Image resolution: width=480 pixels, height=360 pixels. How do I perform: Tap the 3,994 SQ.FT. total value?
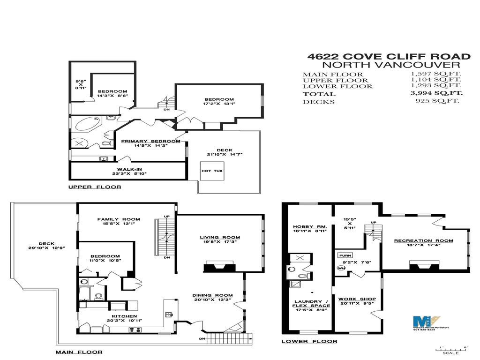point(436,94)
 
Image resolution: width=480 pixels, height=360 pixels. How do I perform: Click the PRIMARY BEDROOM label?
point(150,141)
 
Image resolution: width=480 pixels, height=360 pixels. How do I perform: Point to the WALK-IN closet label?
point(129,169)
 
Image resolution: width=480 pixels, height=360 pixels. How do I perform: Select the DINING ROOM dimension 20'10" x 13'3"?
point(212,300)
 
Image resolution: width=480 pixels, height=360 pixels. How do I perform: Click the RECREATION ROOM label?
point(423,240)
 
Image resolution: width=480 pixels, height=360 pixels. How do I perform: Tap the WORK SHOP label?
point(357,299)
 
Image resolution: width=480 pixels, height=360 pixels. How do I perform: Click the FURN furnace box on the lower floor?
point(343,255)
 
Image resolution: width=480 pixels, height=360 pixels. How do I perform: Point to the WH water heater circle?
point(341,268)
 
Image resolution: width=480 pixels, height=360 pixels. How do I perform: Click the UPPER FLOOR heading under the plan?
point(94,187)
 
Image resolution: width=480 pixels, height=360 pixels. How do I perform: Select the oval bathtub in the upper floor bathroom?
point(87,125)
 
